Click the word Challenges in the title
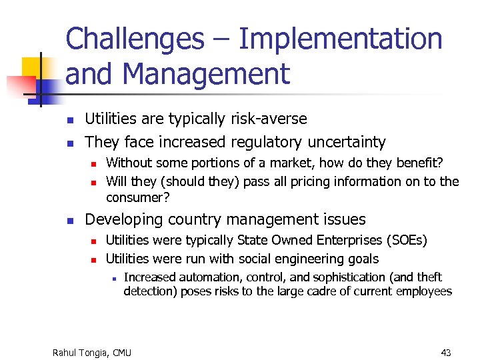tap(135, 39)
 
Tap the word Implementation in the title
tap(340, 39)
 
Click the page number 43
tap(446, 352)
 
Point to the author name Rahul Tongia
tap(79, 352)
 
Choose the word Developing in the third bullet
tap(121, 219)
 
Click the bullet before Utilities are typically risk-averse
tap(68, 121)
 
